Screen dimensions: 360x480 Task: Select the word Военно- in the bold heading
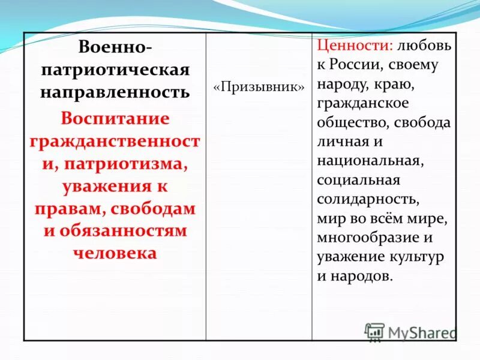coord(115,47)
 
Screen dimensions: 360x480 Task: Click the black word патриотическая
coord(115,70)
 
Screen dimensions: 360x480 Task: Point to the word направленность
coord(115,92)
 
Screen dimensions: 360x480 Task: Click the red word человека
coord(115,253)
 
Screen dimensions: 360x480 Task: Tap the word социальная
coord(359,180)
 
